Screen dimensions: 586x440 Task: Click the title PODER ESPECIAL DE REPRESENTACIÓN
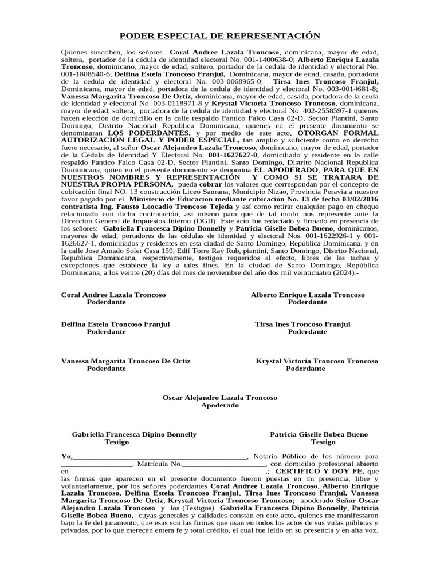point(220,36)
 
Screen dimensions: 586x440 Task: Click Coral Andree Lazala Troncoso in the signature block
point(113,295)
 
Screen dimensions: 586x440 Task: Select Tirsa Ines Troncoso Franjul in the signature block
point(302,324)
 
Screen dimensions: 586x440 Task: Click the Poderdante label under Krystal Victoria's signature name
point(305,369)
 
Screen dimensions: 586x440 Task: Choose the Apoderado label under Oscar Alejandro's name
point(220,406)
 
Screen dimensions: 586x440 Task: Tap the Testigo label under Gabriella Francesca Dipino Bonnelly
point(117,442)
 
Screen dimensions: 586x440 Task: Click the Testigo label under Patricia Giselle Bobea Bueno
point(323,442)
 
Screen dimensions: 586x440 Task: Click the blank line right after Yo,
point(160,457)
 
